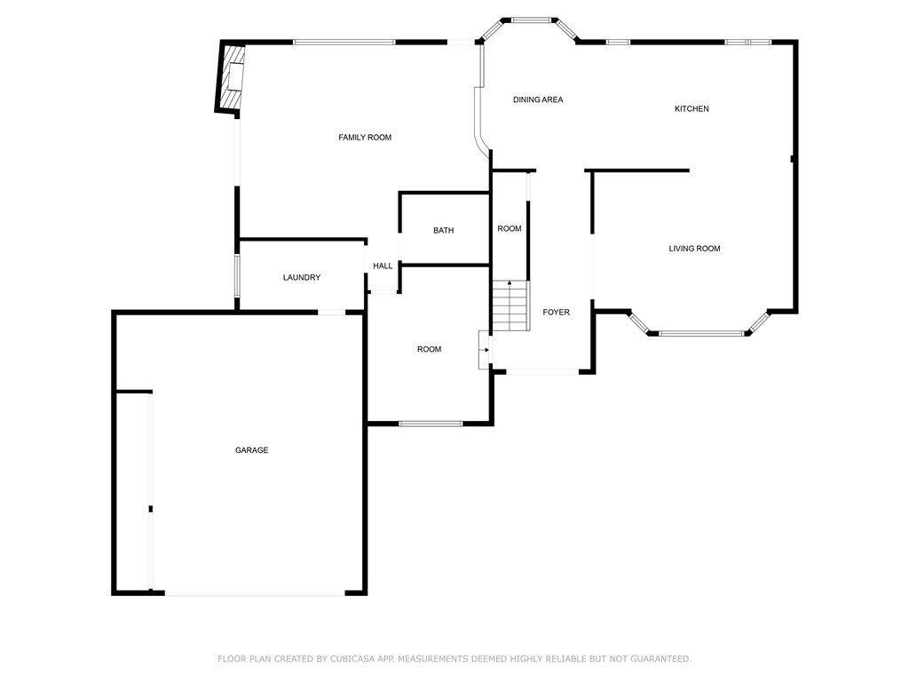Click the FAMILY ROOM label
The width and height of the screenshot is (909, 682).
(365, 138)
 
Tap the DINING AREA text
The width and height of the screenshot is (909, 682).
(538, 99)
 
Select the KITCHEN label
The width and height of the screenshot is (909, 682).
(692, 109)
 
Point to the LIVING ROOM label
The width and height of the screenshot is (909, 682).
(694, 249)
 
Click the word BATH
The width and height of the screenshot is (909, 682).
(444, 231)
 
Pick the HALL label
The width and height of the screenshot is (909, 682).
(383, 266)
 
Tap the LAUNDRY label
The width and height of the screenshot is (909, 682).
(302, 278)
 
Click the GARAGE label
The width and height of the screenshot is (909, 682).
(251, 450)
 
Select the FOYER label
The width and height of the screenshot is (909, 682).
(556, 313)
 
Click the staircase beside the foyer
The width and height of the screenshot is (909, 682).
(510, 305)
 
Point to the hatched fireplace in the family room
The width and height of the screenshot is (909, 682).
(233, 77)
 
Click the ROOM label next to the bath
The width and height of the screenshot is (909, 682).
(510, 229)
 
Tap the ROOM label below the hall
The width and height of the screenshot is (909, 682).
(429, 350)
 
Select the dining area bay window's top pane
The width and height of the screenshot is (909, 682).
(531, 20)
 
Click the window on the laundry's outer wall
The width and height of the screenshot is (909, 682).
(236, 276)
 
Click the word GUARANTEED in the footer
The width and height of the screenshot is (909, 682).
(660, 659)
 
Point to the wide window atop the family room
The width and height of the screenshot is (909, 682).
(344, 42)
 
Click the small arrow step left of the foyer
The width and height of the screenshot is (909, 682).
(484, 350)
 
